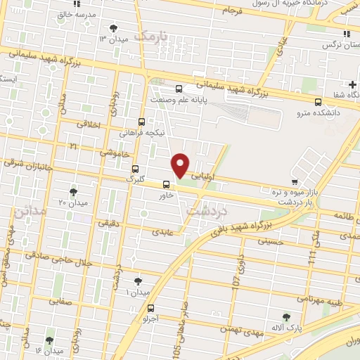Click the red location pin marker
coord(180,165)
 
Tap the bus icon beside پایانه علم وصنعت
coord(179,89)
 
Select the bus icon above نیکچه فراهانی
coord(142,121)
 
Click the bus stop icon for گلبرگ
coord(136,169)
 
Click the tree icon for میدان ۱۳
coord(114,28)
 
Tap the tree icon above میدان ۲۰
coord(73,192)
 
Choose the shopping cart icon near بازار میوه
coord(283,183)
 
